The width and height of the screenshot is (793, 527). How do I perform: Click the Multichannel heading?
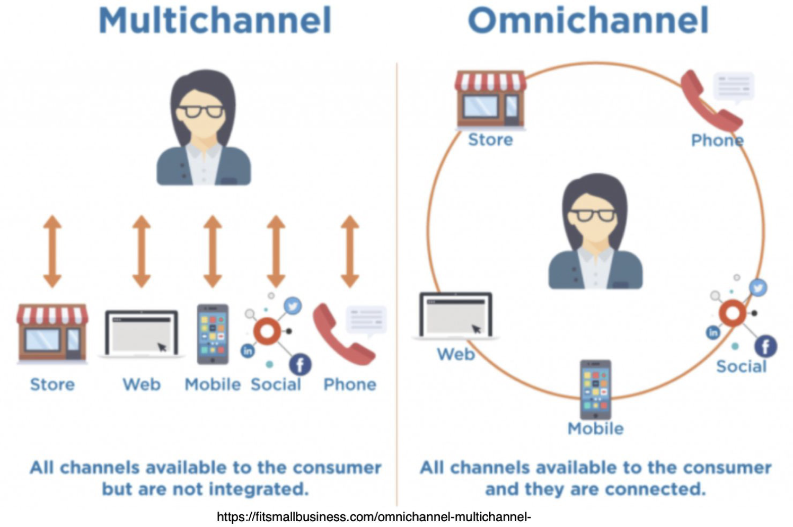point(215,20)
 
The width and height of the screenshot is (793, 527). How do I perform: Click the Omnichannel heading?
point(588,20)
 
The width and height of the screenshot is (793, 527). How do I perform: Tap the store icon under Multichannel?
point(52,333)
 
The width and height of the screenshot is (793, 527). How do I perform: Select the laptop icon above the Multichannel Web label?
point(142,333)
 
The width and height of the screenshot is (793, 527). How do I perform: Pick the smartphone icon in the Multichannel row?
point(213,334)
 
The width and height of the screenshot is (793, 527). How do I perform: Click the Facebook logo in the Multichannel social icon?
point(300,364)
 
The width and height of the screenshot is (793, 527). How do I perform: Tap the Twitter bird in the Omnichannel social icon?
point(759,287)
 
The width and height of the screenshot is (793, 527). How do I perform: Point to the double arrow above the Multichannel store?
point(53,251)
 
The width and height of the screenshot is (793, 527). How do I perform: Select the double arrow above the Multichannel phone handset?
point(350,251)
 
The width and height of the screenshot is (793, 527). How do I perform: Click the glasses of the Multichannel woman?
point(201,111)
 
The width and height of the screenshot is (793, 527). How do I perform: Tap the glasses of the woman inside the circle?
point(593,215)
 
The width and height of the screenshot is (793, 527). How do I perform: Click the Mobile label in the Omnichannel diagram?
point(596,428)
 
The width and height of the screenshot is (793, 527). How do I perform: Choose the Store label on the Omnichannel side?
point(491,139)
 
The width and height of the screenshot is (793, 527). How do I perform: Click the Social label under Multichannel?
point(276,384)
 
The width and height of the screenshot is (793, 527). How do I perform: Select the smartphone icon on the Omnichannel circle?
point(596,390)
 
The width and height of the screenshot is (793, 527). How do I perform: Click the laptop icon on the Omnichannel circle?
point(456,316)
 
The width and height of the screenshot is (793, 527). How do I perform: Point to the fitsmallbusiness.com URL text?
point(374,517)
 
